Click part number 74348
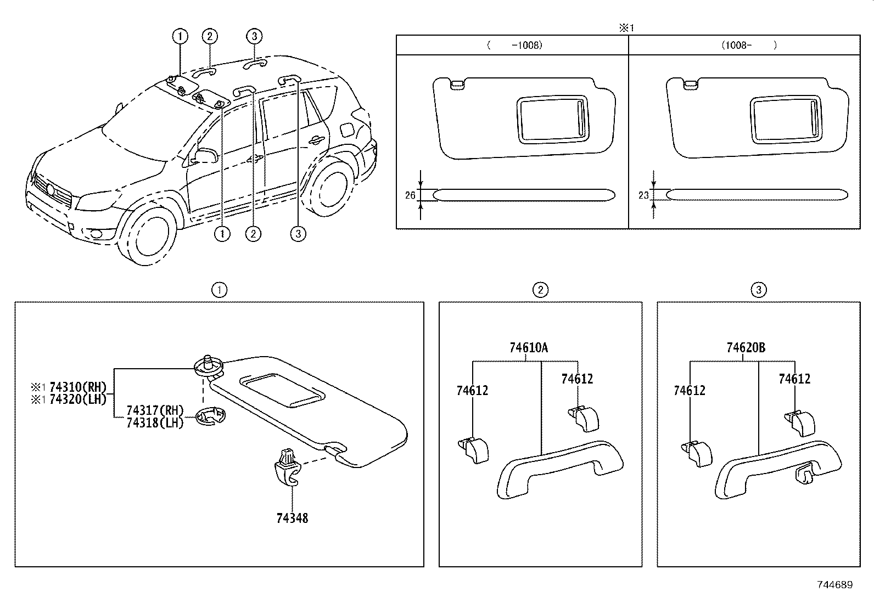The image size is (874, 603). pos(292,518)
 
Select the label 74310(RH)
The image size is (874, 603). pos(77,387)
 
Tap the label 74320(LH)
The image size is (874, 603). pos(77,399)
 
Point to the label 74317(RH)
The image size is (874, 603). pos(154,410)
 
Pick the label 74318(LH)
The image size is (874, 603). pos(154,423)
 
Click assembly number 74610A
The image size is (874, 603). pos(528,348)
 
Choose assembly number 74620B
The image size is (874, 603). pos(746,348)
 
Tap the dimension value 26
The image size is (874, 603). pos(410,195)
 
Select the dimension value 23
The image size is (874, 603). pos(643,195)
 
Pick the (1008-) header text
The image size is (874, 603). pos(749,46)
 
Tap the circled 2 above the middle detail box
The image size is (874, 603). pos(540,290)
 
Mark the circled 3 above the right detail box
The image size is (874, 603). pos(758,290)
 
